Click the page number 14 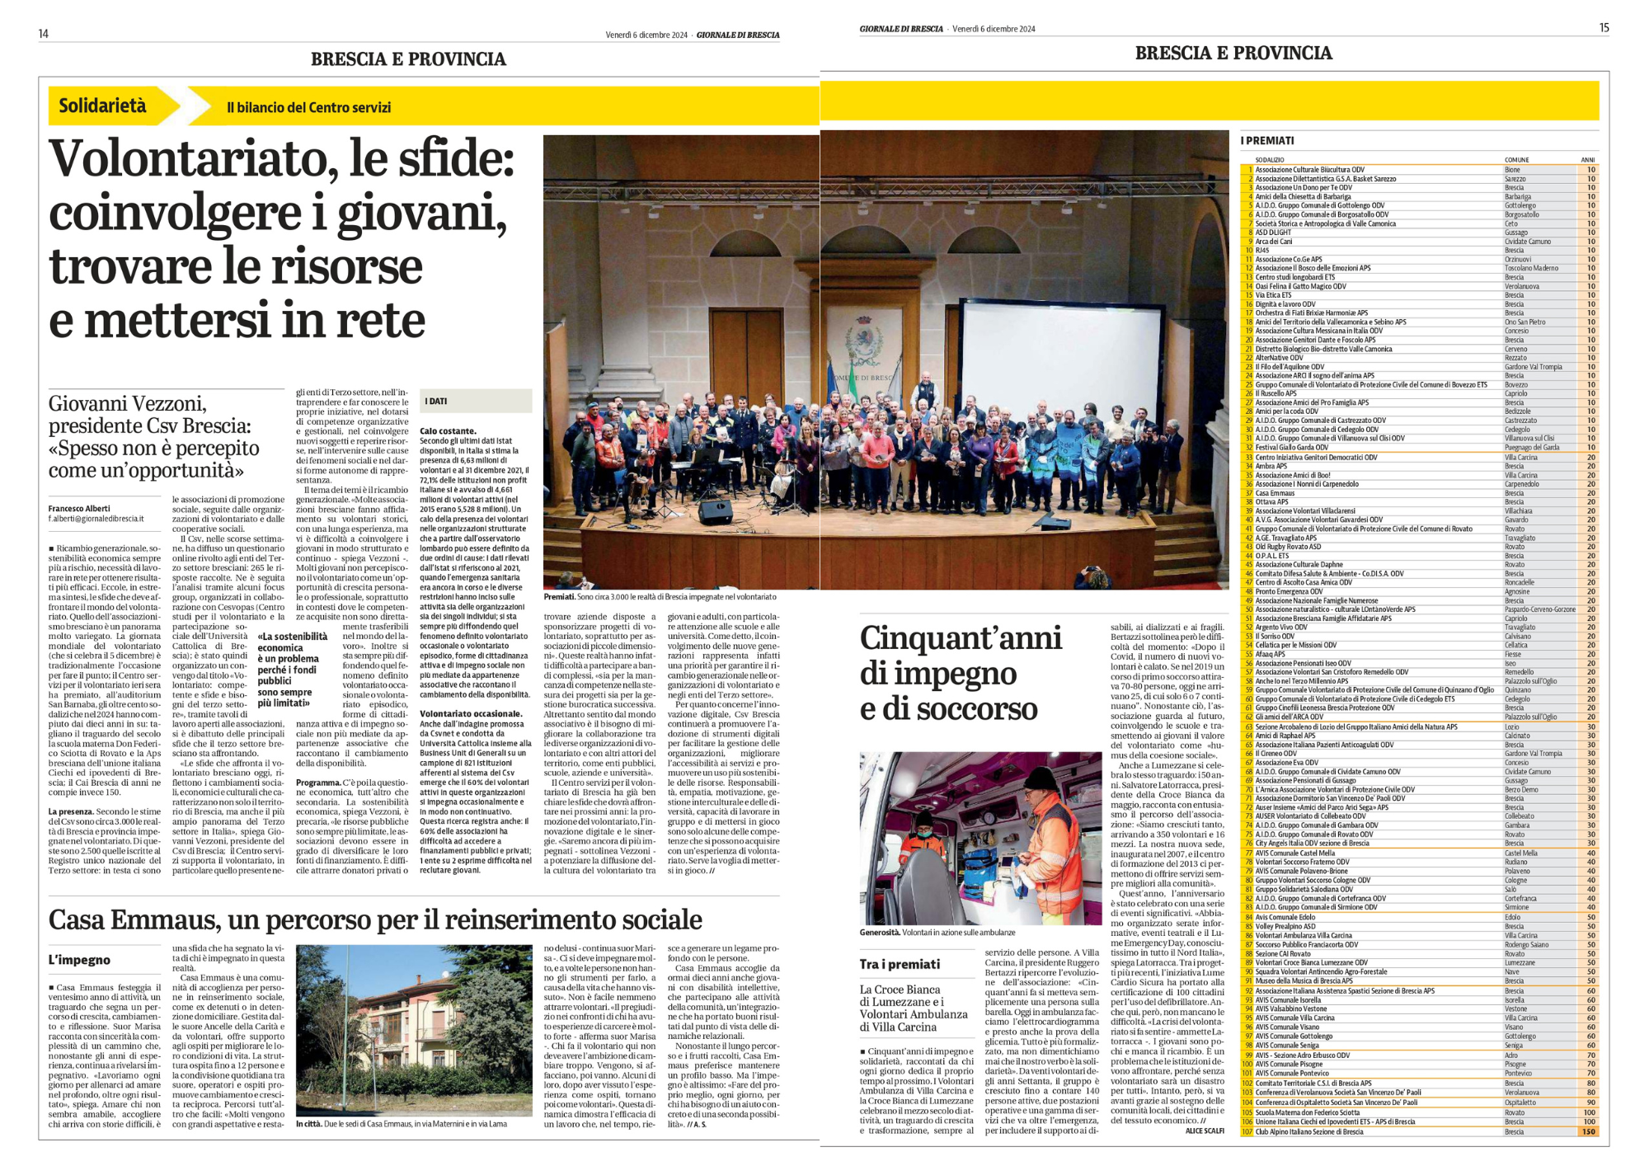(x=43, y=34)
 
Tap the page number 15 (x=1604, y=28)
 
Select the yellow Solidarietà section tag (x=102, y=106)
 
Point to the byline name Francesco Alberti (x=79, y=508)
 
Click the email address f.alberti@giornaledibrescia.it (x=96, y=519)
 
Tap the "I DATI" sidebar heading (x=436, y=401)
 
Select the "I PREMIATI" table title (x=1267, y=141)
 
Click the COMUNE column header (x=1516, y=160)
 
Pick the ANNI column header (x=1587, y=160)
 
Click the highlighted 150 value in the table (x=1588, y=1131)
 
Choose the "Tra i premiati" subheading (x=900, y=964)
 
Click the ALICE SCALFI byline (x=1205, y=1131)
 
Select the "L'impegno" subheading (x=79, y=960)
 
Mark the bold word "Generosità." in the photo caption (x=879, y=933)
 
